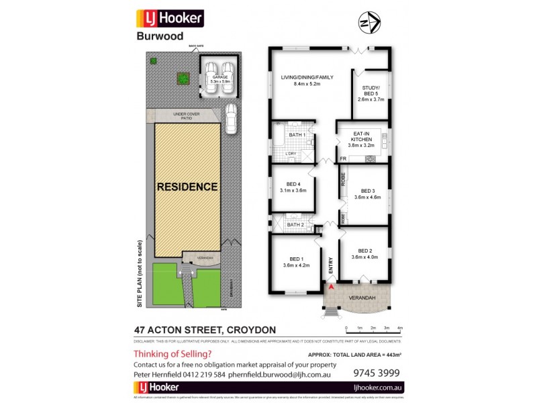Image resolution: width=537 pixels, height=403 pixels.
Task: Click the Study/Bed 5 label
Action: (x=371, y=93)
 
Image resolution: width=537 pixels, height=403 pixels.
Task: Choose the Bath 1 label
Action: (x=297, y=135)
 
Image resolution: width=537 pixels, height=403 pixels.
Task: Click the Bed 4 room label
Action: (x=293, y=187)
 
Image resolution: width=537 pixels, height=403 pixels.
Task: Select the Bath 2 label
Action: (x=296, y=224)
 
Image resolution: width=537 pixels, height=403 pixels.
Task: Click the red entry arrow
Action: (x=330, y=287)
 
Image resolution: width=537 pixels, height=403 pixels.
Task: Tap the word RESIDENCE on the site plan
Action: (x=187, y=187)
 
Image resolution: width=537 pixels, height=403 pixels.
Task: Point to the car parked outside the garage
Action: (x=232, y=119)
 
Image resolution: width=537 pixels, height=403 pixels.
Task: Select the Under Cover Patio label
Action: (x=183, y=116)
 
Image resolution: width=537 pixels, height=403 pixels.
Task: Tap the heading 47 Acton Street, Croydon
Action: (x=205, y=330)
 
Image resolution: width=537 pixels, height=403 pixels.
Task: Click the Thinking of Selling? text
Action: (x=173, y=353)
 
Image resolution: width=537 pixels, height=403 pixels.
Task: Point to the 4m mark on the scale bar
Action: (x=399, y=328)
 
